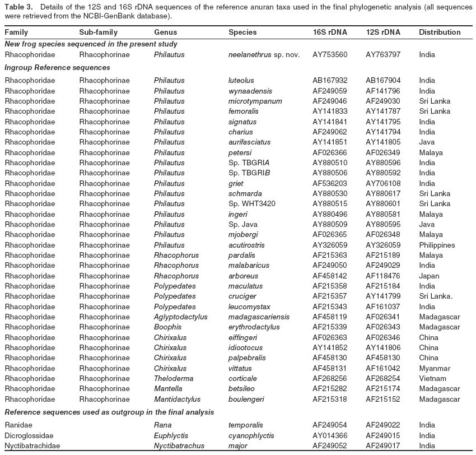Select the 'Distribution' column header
(x=440, y=32)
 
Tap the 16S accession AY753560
(x=330, y=55)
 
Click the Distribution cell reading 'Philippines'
(x=437, y=245)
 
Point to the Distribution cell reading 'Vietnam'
(x=431, y=379)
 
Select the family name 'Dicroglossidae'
(x=29, y=435)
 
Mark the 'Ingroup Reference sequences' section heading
(x=54, y=67)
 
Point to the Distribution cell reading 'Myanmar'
(x=433, y=368)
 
